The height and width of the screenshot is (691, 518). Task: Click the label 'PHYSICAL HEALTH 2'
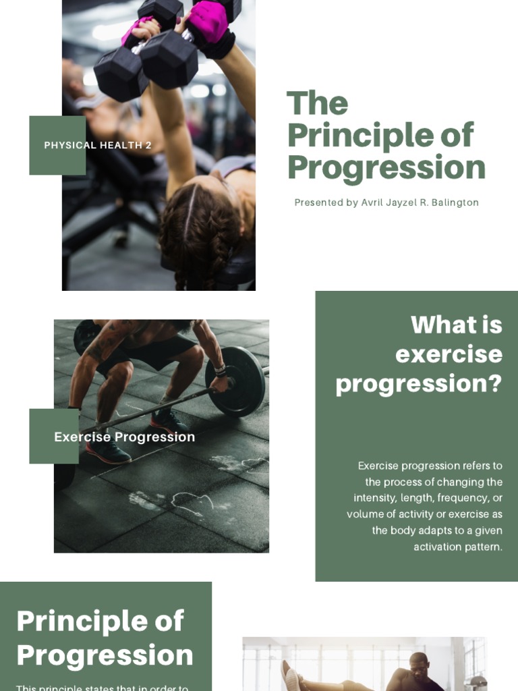(x=98, y=145)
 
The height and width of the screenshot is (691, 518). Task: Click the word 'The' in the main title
(x=318, y=104)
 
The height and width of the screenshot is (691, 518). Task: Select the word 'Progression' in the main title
(x=386, y=167)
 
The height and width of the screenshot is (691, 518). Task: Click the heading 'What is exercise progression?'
(x=418, y=354)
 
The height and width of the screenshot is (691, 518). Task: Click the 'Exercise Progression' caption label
(x=124, y=437)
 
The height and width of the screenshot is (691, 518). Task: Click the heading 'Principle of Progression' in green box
(x=105, y=638)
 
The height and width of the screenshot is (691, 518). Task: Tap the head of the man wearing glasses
(x=420, y=665)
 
